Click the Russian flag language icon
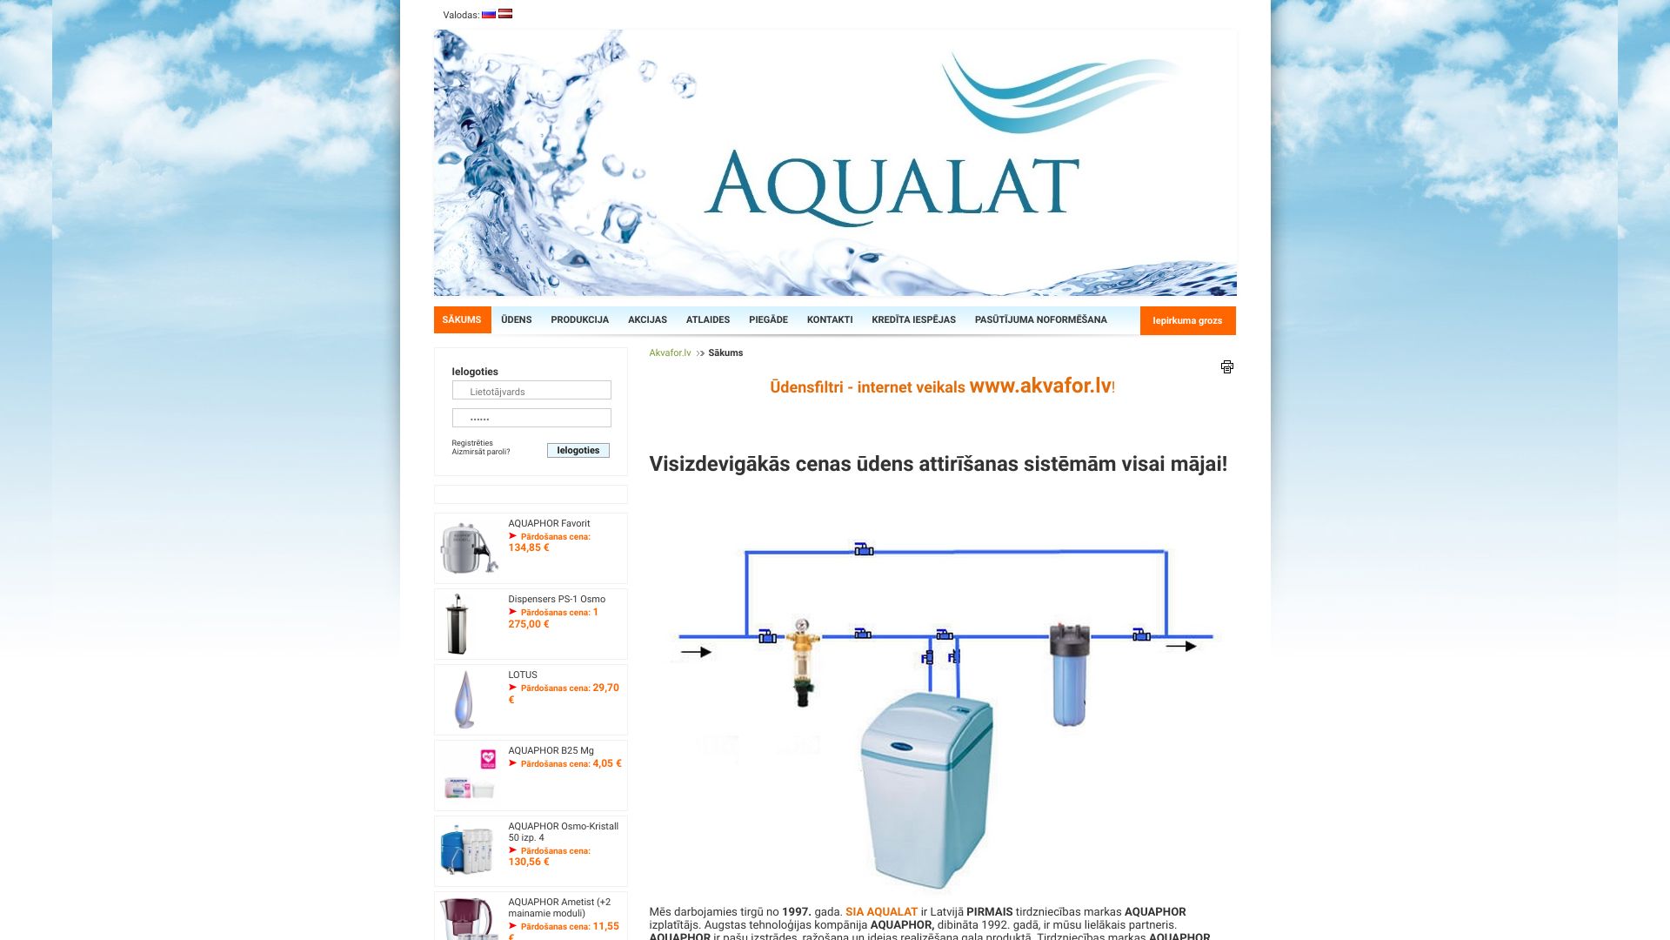(x=489, y=14)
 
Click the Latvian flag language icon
(x=505, y=14)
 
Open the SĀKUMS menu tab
(x=462, y=319)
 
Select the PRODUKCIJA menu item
(x=579, y=319)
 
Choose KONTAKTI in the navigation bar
(x=829, y=319)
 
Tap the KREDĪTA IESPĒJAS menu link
(x=913, y=319)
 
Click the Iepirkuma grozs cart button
(x=1187, y=320)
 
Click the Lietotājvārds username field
(x=531, y=391)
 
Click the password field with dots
(x=531, y=418)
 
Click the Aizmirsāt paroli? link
(x=481, y=452)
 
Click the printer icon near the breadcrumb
(x=1226, y=366)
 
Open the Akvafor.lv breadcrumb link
(x=670, y=352)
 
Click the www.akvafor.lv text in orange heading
(x=1040, y=386)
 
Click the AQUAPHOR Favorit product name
(x=549, y=523)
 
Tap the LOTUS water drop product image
(x=465, y=699)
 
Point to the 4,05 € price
(x=606, y=763)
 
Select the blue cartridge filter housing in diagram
(x=1069, y=675)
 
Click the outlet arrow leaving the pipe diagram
(x=1181, y=647)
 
